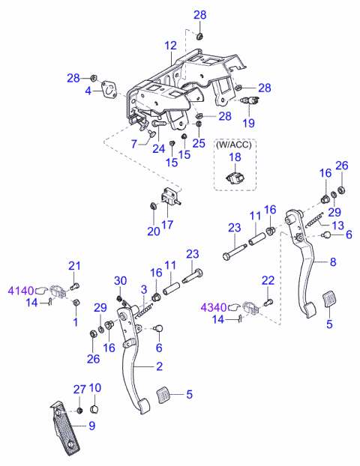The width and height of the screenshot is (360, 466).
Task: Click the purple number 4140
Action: click(x=20, y=291)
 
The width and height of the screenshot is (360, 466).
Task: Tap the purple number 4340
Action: click(x=214, y=308)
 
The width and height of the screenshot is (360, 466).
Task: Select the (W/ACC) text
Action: click(x=233, y=145)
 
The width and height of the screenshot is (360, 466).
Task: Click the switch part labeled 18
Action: click(x=235, y=178)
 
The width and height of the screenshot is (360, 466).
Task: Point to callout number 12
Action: click(x=170, y=46)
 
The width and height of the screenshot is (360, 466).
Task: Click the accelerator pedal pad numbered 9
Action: click(x=65, y=429)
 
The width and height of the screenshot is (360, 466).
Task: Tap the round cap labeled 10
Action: click(x=94, y=410)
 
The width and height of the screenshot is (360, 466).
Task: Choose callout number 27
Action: click(x=79, y=389)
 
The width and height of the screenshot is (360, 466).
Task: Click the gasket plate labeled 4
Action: click(x=109, y=88)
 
